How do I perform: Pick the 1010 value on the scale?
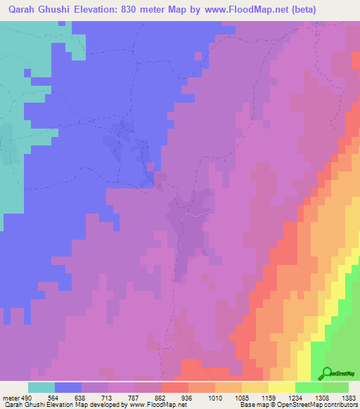tap(215, 396)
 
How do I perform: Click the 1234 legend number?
tap(295, 396)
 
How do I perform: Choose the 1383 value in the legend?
tap(348, 396)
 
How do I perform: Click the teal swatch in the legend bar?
tap(41, 387)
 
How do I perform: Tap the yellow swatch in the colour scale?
tap(282, 387)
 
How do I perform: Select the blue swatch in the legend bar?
tap(68, 387)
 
